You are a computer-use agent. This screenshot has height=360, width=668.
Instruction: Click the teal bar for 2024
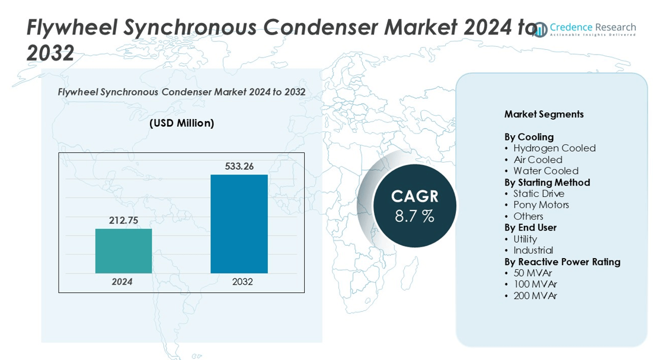click(123, 251)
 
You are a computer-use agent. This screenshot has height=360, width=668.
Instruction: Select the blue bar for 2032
click(239, 224)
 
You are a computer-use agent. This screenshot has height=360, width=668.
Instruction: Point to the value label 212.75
click(123, 221)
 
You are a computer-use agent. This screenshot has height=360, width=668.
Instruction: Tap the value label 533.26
click(239, 167)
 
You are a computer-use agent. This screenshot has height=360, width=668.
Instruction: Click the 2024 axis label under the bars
click(122, 282)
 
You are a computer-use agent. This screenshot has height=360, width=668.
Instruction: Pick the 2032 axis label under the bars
click(242, 282)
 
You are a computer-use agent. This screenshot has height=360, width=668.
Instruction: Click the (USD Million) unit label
click(181, 123)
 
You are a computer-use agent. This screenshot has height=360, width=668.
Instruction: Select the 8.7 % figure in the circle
click(414, 216)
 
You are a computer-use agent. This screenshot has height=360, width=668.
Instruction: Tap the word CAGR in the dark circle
click(414, 196)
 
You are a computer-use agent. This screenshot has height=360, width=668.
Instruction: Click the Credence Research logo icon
click(540, 30)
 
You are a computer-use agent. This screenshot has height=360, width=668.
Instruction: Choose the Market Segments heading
click(544, 114)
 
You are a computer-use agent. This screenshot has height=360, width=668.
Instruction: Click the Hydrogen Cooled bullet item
click(554, 148)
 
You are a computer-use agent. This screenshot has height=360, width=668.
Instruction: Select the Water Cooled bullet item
click(545, 171)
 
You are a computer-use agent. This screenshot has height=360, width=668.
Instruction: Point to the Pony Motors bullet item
click(541, 205)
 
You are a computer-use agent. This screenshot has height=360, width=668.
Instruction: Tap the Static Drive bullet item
click(539, 193)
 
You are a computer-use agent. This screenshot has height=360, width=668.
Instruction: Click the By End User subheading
click(530, 228)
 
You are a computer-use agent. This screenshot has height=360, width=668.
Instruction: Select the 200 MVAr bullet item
click(535, 295)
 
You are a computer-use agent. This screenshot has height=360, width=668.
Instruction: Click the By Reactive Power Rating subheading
click(562, 262)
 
